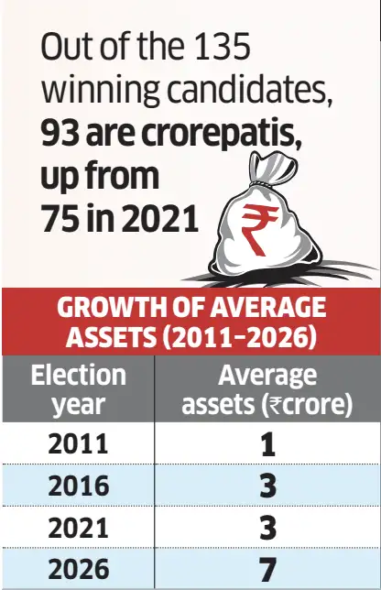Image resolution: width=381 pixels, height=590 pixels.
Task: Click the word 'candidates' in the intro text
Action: (x=249, y=90)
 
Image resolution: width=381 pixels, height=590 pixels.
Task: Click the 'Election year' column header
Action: (x=78, y=389)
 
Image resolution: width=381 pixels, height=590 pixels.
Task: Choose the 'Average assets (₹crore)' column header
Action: (x=267, y=389)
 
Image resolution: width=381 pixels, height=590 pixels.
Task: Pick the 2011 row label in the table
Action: (x=78, y=443)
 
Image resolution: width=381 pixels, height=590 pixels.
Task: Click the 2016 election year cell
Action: (x=78, y=486)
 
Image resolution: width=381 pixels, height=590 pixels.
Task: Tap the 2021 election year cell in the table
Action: (x=78, y=527)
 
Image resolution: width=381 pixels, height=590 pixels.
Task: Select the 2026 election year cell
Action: (x=79, y=569)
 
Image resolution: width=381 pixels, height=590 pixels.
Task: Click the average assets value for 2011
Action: (x=267, y=444)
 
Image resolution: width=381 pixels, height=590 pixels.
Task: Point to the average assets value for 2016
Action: (x=267, y=486)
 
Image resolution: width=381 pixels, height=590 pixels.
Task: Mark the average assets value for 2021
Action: (x=267, y=527)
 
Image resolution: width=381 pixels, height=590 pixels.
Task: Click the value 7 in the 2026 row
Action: (x=267, y=569)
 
